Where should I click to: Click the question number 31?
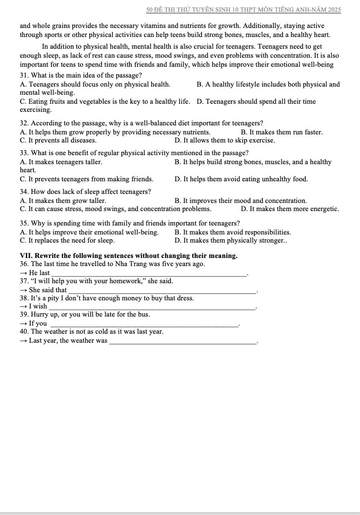click(x=24, y=75)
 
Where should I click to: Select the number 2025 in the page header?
click(x=333, y=9)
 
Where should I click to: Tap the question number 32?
click(x=24, y=123)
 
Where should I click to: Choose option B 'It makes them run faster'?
click(x=282, y=132)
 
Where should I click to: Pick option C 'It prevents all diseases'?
click(x=58, y=140)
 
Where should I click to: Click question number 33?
click(x=24, y=153)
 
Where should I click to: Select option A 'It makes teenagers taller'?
click(x=61, y=162)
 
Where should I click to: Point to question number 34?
click(x=24, y=192)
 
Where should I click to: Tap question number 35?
click(x=24, y=223)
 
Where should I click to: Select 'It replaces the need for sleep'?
click(x=67, y=240)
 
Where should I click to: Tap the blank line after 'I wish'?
click(x=152, y=308)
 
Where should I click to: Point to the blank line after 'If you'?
click(x=144, y=325)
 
